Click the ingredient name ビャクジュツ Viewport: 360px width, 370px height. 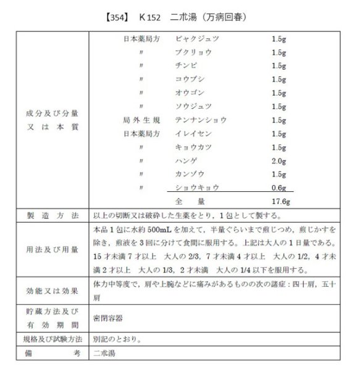pos(197,38)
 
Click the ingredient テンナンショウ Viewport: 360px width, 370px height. pos(201,120)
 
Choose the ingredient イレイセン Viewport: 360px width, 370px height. pos(193,133)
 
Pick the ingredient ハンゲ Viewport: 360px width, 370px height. pos(186,160)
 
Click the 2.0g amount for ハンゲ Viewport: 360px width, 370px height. pos(278,160)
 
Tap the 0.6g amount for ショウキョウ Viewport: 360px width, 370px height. pos(278,187)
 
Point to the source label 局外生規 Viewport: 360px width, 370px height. pos(142,120)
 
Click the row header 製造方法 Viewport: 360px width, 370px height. pos(52,216)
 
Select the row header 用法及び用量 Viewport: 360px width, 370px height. pos(52,250)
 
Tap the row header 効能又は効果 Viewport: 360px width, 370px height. pos(52,289)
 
